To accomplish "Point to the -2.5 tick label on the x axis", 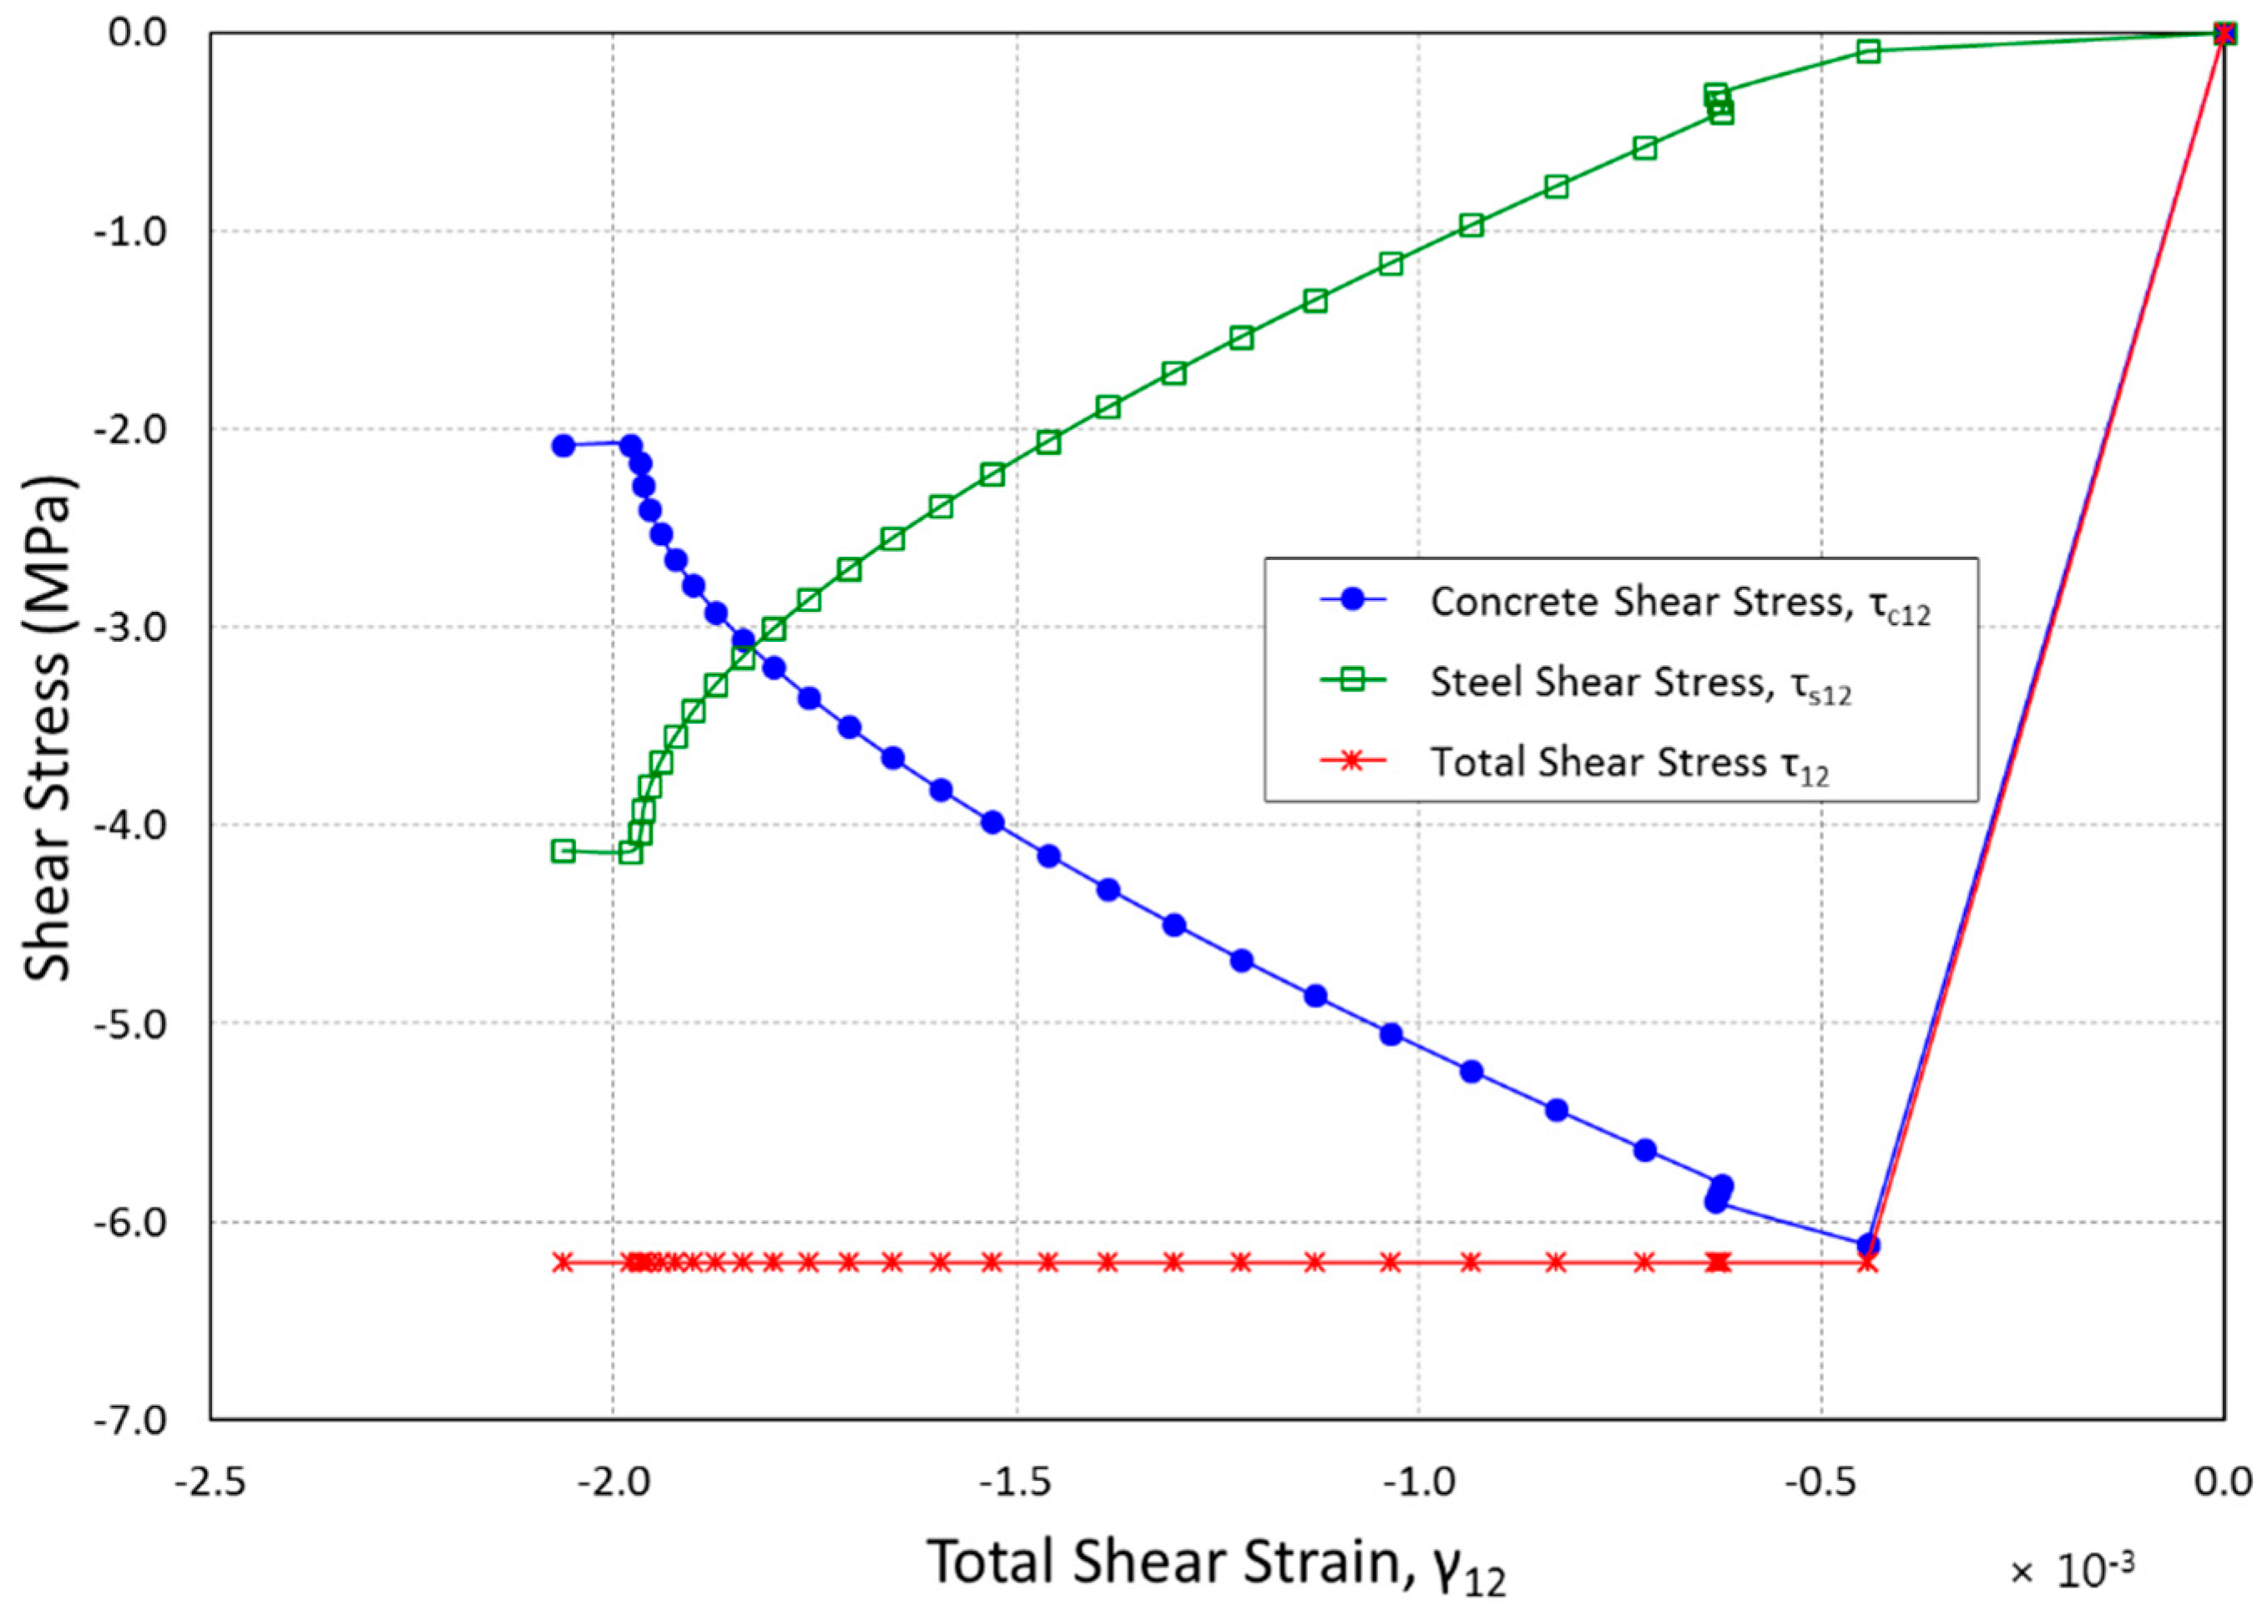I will (x=210, y=1482).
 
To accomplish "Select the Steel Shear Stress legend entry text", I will (x=1641, y=684).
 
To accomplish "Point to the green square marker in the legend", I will (x=1352, y=680).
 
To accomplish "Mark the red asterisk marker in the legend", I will (x=1352, y=761).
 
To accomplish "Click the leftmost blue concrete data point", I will (x=563, y=446).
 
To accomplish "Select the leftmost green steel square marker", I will (x=563, y=851).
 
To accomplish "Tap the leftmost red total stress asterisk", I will (x=563, y=1262).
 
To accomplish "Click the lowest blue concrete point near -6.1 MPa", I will (x=1868, y=1245).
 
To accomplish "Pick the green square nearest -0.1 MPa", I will (x=1868, y=51).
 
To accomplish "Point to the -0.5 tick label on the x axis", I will (x=1820, y=1482).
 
